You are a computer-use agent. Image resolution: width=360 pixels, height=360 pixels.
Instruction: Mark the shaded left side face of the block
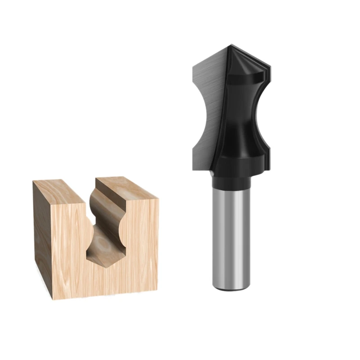[43, 234]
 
